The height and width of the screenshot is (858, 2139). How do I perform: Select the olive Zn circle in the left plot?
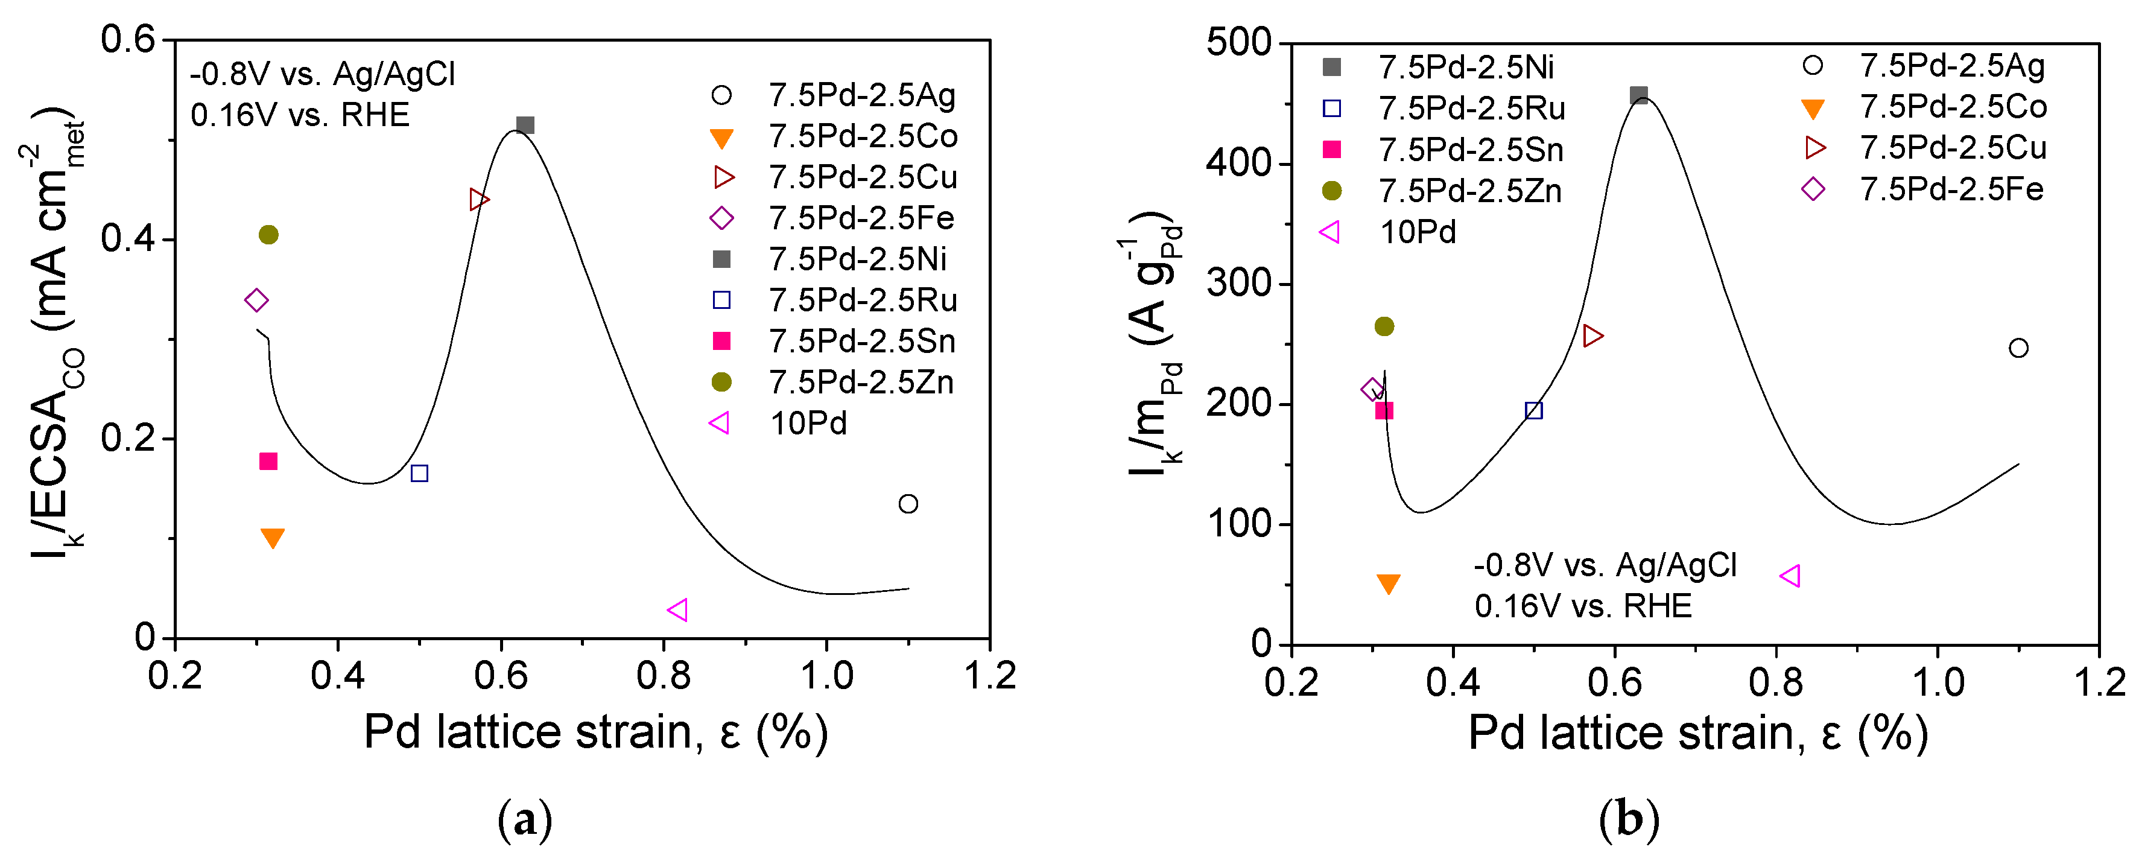pyautogui.click(x=268, y=235)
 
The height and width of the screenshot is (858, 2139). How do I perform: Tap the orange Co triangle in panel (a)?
pyautogui.click(x=273, y=538)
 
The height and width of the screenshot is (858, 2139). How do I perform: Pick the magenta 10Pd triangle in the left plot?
pyautogui.click(x=677, y=609)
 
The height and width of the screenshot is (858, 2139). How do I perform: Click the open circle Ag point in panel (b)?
pyautogui.click(x=2018, y=348)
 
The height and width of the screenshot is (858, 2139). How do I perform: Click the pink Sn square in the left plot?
pyautogui.click(x=267, y=461)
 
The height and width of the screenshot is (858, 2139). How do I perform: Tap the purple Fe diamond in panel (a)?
pyautogui.click(x=256, y=300)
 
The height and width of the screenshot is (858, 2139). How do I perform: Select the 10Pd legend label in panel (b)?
pyautogui.click(x=1418, y=232)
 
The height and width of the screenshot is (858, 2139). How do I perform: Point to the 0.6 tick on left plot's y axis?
pyautogui.click(x=128, y=39)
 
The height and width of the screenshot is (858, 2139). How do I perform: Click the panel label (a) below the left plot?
pyautogui.click(x=525, y=820)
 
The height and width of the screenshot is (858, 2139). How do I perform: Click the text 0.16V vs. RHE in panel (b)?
pyautogui.click(x=1583, y=606)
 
